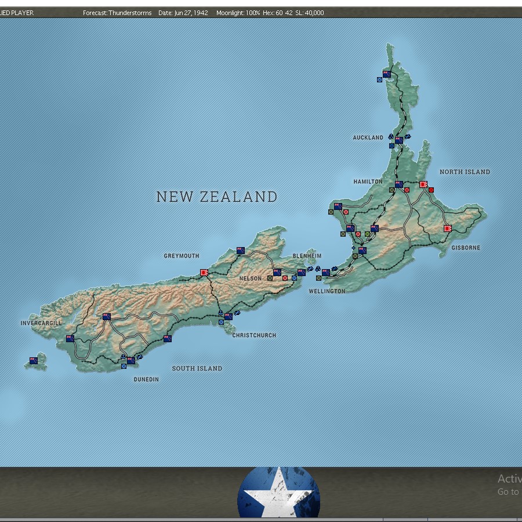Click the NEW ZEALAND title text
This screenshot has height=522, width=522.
tap(217, 197)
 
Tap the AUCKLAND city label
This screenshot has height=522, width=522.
tap(368, 137)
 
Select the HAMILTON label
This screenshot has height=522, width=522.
tap(368, 182)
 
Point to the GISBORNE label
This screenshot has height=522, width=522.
tap(466, 248)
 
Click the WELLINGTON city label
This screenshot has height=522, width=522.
tap(327, 291)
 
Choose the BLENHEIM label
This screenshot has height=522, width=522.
tap(307, 256)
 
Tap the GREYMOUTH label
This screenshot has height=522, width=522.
tap(181, 256)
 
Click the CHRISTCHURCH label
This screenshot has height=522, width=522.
tap(254, 335)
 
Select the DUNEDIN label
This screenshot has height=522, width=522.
tap(146, 379)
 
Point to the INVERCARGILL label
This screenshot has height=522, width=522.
tap(41, 323)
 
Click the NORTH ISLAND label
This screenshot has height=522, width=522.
tap(465, 172)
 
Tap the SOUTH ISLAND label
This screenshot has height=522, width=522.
tap(197, 368)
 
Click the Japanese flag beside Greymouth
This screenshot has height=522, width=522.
tap(204, 272)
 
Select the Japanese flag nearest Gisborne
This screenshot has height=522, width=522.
tap(448, 229)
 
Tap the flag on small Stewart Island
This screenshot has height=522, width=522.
tap(34, 361)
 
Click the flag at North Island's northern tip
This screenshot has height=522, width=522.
tap(387, 74)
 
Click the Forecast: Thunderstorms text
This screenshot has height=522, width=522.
tap(117, 13)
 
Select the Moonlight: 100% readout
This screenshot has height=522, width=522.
tap(238, 13)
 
